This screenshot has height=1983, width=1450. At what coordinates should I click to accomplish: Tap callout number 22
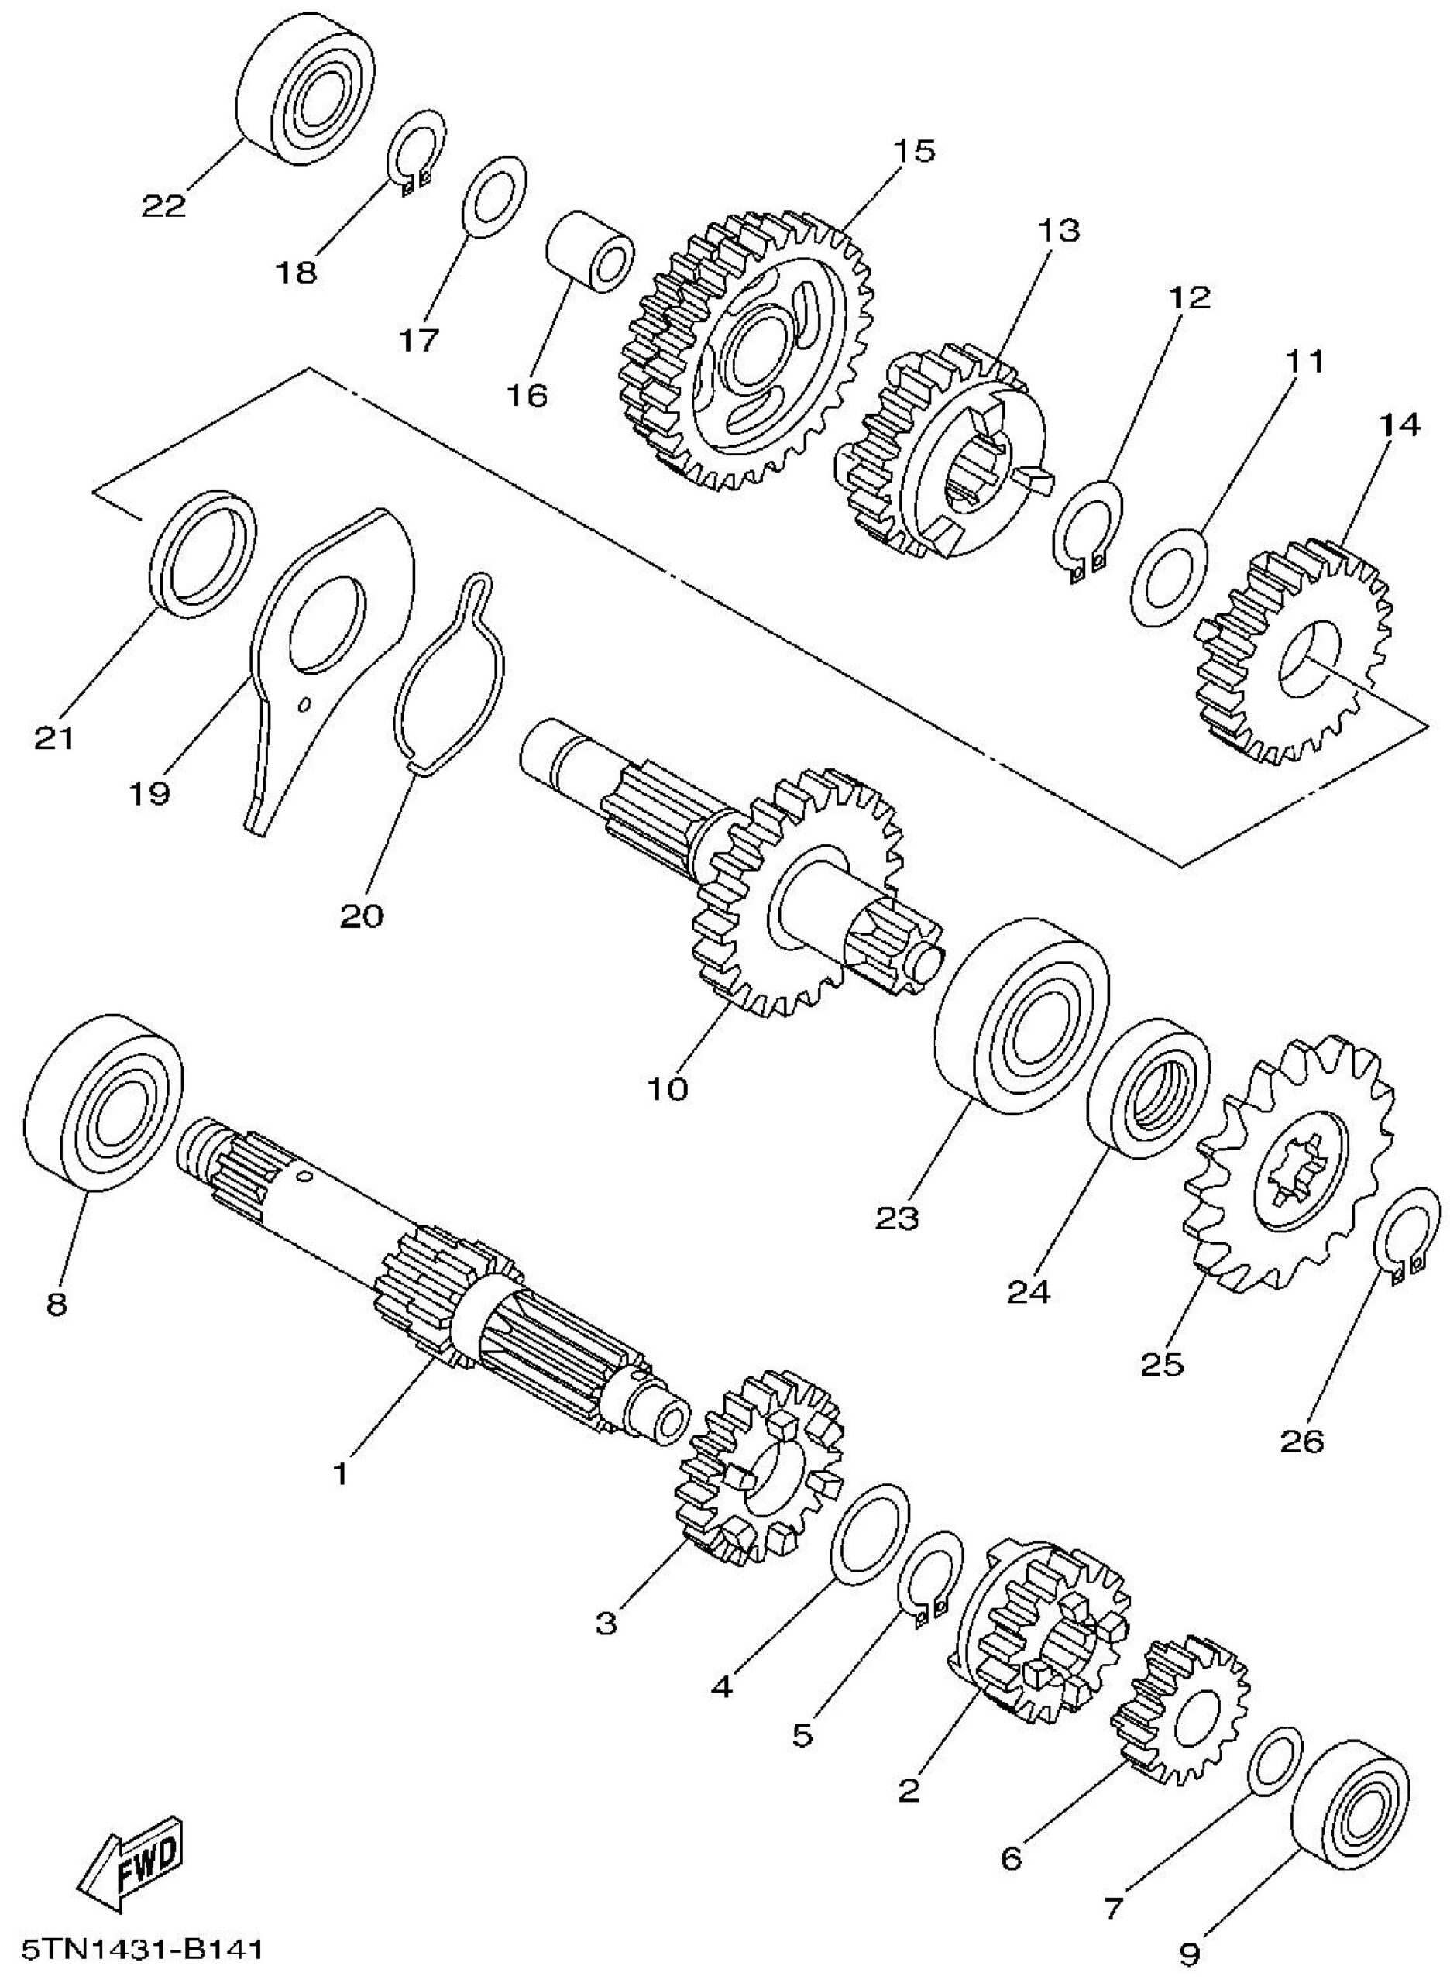[164, 206]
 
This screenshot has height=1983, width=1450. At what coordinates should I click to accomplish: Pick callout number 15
[914, 151]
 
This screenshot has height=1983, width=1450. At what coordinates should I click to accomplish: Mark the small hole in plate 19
[303, 703]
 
